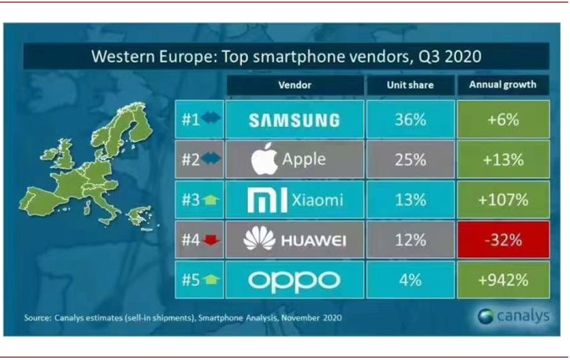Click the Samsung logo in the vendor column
(x=295, y=120)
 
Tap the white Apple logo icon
(x=265, y=159)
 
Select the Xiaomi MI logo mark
(x=267, y=200)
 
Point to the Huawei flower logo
(x=260, y=238)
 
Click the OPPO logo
(x=295, y=281)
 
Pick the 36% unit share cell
(x=411, y=119)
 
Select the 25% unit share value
(x=411, y=160)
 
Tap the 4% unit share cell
(x=411, y=280)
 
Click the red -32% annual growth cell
(x=503, y=240)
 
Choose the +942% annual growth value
(x=503, y=280)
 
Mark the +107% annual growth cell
(x=503, y=200)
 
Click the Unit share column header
(x=411, y=85)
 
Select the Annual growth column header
(x=503, y=85)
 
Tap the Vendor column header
(x=295, y=85)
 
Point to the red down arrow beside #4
(x=211, y=240)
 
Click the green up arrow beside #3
(x=211, y=200)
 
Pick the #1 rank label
(x=191, y=119)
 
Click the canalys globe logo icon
(x=486, y=316)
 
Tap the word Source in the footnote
(x=38, y=317)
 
